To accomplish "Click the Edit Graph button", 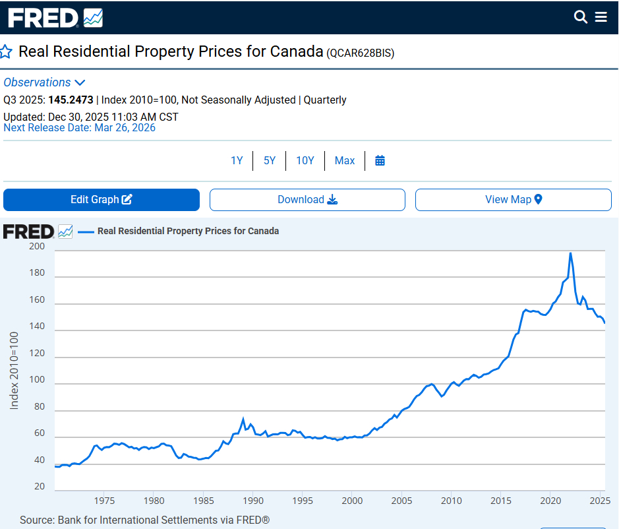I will pyautogui.click(x=102, y=200).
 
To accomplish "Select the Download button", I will pyautogui.click(x=307, y=200).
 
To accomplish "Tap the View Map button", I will pyautogui.click(x=513, y=200).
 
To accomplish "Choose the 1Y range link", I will pyautogui.click(x=237, y=160).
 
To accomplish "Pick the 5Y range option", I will pyautogui.click(x=270, y=160).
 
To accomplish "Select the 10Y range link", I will pyautogui.click(x=305, y=160).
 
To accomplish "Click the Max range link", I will pyautogui.click(x=345, y=160).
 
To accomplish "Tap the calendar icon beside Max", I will pyautogui.click(x=380, y=160).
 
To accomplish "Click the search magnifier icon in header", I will pyautogui.click(x=581, y=17).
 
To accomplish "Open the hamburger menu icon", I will pyautogui.click(x=601, y=17).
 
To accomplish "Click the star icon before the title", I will pyautogui.click(x=6, y=52).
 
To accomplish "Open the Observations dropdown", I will pyautogui.click(x=44, y=82).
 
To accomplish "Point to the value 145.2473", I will pyautogui.click(x=71, y=100).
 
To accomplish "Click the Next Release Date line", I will pyautogui.click(x=80, y=127).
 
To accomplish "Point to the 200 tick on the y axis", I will pyautogui.click(x=38, y=247).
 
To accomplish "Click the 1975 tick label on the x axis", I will pyautogui.click(x=104, y=500).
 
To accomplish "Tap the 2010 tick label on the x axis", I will pyautogui.click(x=452, y=500).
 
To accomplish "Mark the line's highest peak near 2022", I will pyautogui.click(x=570, y=253).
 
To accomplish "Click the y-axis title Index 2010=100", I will pyautogui.click(x=14, y=370).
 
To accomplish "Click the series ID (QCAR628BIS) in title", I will pyautogui.click(x=360, y=53).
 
